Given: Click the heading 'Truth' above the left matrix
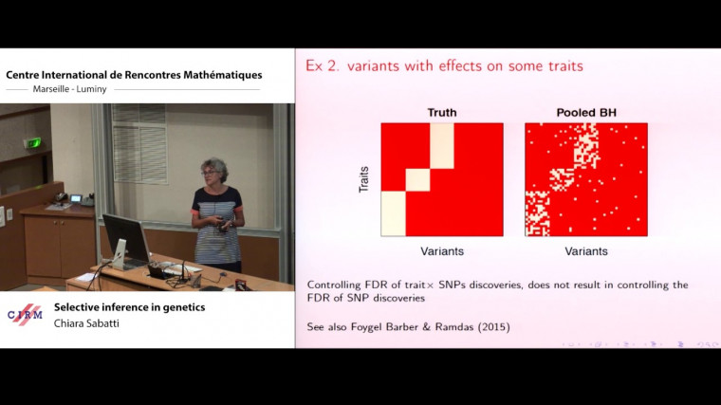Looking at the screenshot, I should coord(441,113).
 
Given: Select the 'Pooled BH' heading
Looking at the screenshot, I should coord(585,113).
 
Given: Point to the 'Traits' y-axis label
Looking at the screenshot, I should coord(363,179).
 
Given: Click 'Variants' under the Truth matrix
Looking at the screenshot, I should coord(441,251).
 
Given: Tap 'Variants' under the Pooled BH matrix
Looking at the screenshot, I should coord(585,251).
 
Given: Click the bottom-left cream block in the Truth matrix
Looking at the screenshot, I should coord(394,213).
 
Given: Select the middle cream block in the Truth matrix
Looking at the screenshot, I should coord(417,180).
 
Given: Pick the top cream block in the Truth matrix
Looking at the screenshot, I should coord(442,145).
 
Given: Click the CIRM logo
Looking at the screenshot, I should coord(25,315).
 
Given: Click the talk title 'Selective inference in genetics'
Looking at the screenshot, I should coord(129,306).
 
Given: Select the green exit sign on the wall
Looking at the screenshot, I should coord(34,142).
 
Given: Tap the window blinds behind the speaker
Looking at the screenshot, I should coord(139,142).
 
